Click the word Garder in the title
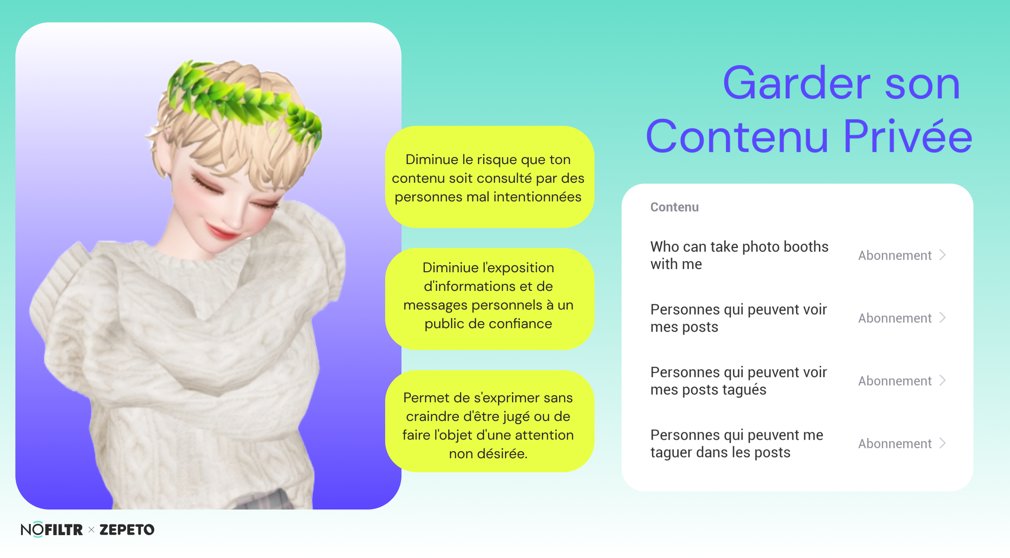point(796,83)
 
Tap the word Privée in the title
point(908,136)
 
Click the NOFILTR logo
point(52,530)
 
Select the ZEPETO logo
point(127,530)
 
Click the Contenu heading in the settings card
point(674,207)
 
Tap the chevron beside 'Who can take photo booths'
point(942,255)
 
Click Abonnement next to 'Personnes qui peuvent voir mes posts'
point(895,318)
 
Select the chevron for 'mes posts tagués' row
point(942,380)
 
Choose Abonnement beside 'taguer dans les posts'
point(895,443)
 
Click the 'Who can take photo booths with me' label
point(739,255)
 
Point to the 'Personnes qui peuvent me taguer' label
point(737,443)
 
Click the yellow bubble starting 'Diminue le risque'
point(489,177)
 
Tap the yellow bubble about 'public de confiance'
point(489,299)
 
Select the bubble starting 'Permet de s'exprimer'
point(489,421)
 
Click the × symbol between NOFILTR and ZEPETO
point(91,530)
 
